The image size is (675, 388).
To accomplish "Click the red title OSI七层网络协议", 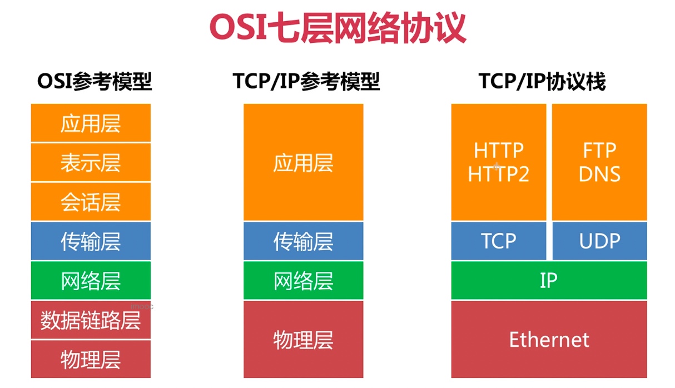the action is click(x=338, y=27).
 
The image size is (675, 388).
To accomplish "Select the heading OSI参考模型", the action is click(x=95, y=81).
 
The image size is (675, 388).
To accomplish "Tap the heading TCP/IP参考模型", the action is click(x=306, y=81).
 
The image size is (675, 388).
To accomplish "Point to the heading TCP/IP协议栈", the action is click(x=542, y=81).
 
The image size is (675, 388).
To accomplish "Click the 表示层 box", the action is click(x=91, y=162).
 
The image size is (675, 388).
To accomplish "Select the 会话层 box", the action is click(x=91, y=202).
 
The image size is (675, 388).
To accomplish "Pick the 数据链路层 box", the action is click(x=91, y=320).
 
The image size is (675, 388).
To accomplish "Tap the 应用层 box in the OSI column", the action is click(x=91, y=123).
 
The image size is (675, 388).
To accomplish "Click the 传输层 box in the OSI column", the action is click(x=91, y=241).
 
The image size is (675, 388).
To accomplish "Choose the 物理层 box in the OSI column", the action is click(x=91, y=359).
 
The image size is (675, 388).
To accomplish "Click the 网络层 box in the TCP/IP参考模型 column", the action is click(x=304, y=281).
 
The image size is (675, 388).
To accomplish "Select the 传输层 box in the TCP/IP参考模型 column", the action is click(x=304, y=241).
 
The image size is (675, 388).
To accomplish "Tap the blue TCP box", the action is click(x=499, y=241).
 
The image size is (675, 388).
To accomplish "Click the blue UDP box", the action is click(x=600, y=241).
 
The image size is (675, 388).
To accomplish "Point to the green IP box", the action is click(x=549, y=281).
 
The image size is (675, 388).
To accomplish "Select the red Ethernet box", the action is click(x=549, y=339).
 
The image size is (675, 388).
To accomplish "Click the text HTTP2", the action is click(x=499, y=174).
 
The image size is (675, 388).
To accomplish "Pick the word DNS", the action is click(x=600, y=174).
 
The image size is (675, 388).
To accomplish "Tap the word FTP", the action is click(x=600, y=150).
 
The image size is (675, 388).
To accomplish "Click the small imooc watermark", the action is click(x=142, y=307).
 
